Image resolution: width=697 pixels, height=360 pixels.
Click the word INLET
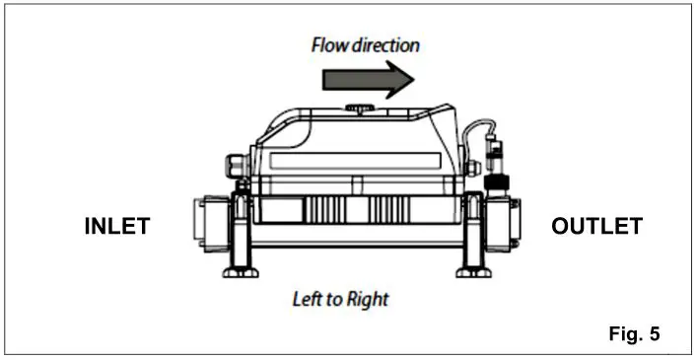(x=116, y=227)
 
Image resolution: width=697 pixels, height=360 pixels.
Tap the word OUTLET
(x=597, y=227)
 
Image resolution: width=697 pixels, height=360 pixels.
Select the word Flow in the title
(x=329, y=45)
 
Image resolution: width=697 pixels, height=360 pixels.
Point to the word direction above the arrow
(x=385, y=45)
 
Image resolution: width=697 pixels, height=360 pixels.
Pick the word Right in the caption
(x=367, y=299)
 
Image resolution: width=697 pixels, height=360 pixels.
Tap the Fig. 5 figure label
(x=634, y=333)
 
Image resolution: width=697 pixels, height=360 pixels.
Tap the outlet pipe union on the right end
(x=506, y=223)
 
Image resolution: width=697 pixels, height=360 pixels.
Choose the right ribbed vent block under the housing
(x=392, y=210)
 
